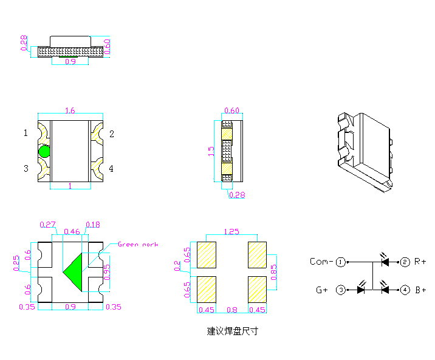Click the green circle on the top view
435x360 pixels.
44,151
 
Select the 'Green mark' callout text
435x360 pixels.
137,244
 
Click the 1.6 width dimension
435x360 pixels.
69,110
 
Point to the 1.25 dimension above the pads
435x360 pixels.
231,231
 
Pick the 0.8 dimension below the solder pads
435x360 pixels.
233,310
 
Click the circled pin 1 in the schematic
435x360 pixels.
341,262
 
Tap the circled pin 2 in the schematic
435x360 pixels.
405,262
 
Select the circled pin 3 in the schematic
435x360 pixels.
341,290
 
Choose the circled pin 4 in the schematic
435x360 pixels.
405,290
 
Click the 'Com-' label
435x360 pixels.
321,262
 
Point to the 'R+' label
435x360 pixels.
420,262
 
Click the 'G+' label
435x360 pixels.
322,290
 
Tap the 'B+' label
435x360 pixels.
420,290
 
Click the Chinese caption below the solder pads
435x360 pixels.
233,331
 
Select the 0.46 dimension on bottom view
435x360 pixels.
72,232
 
